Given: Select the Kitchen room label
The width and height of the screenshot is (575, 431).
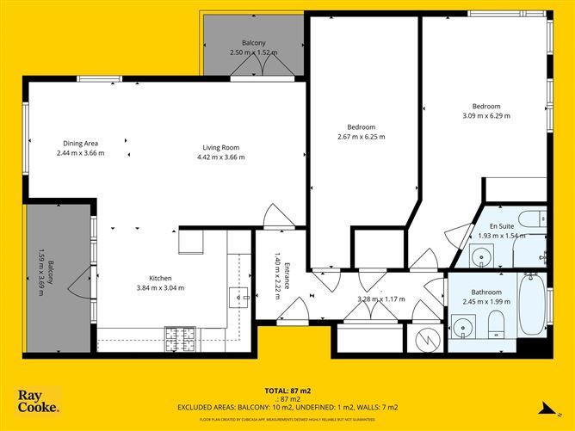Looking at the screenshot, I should pyautogui.click(x=160, y=278).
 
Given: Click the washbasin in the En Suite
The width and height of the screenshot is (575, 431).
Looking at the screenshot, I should pyautogui.click(x=482, y=255).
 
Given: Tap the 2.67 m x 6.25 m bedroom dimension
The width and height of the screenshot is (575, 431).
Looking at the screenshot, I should pyautogui.click(x=361, y=137).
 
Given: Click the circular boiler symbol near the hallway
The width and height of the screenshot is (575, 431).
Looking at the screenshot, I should pyautogui.click(x=426, y=340).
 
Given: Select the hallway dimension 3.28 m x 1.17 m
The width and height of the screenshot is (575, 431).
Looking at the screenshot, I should pyautogui.click(x=380, y=299).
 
